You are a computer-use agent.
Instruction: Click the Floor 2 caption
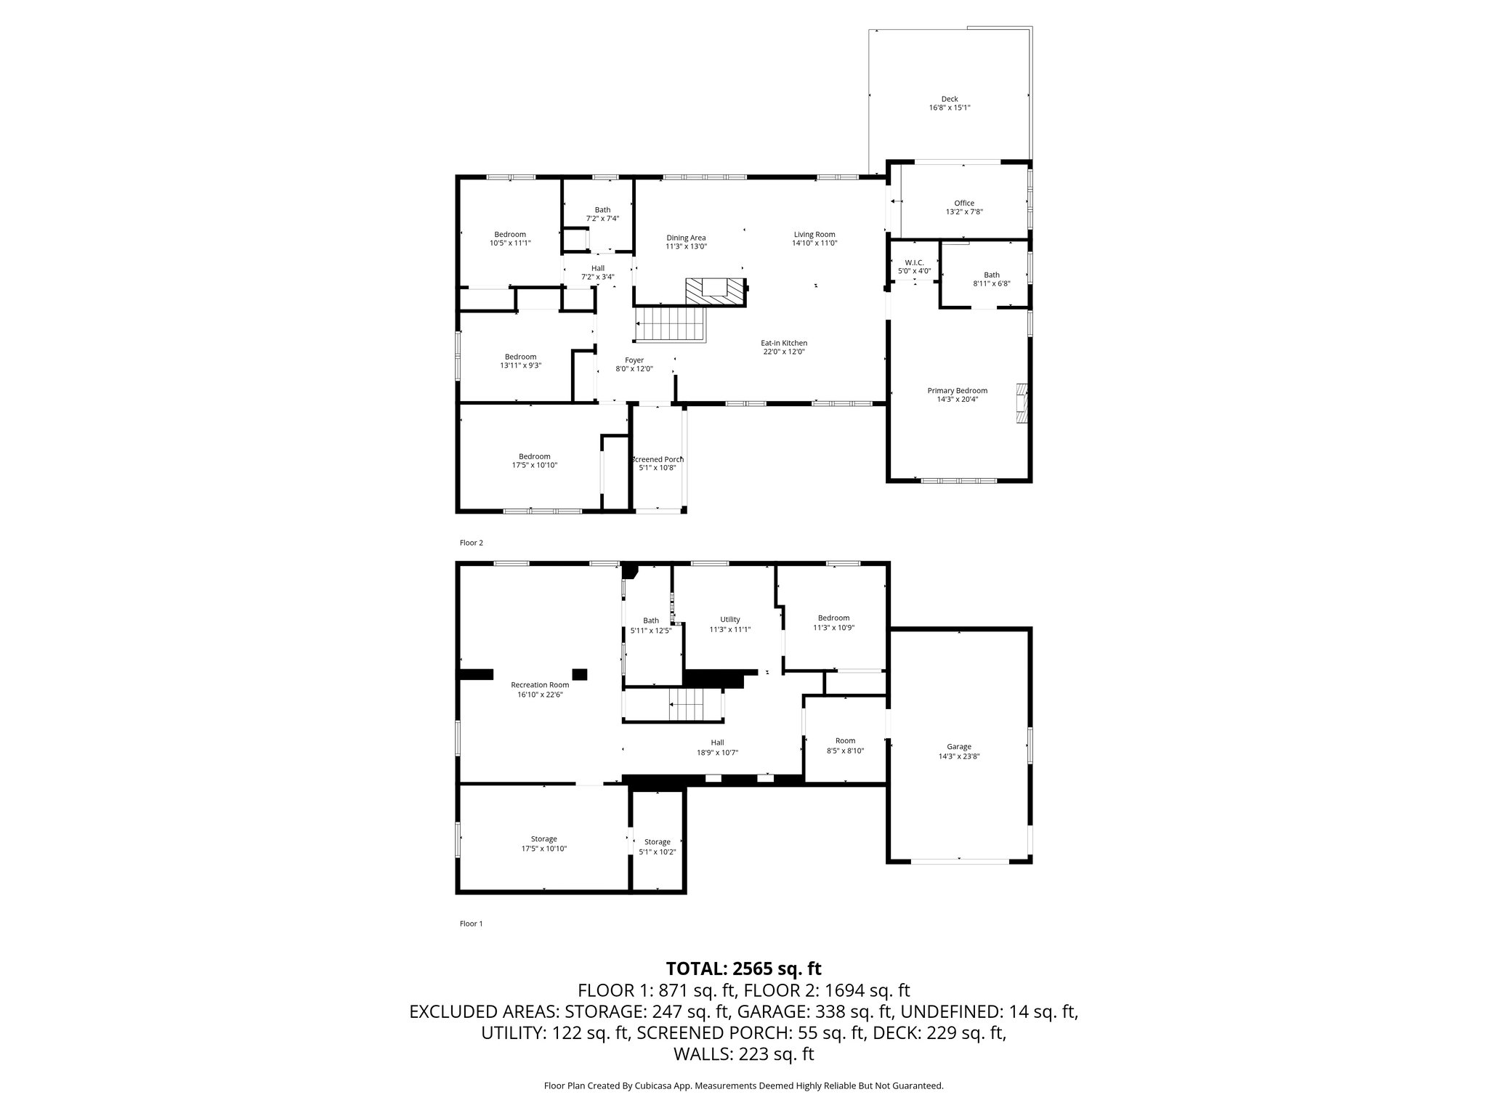[471, 543]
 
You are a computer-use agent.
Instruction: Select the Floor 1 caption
[471, 923]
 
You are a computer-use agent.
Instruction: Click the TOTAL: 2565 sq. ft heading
[743, 969]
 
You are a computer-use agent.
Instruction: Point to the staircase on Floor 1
[687, 704]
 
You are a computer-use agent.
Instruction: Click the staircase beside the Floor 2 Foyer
[671, 324]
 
